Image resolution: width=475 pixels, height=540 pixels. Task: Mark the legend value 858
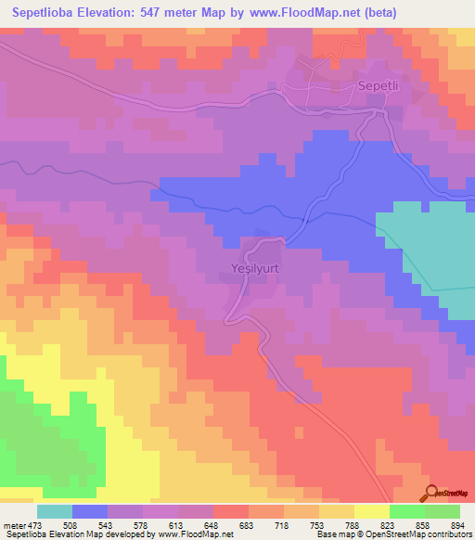coord(425,525)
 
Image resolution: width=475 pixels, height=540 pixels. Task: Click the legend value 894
coord(457,525)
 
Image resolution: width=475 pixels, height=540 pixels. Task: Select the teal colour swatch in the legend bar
coord(54,511)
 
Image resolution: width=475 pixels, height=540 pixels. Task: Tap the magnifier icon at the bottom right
coord(432,494)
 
